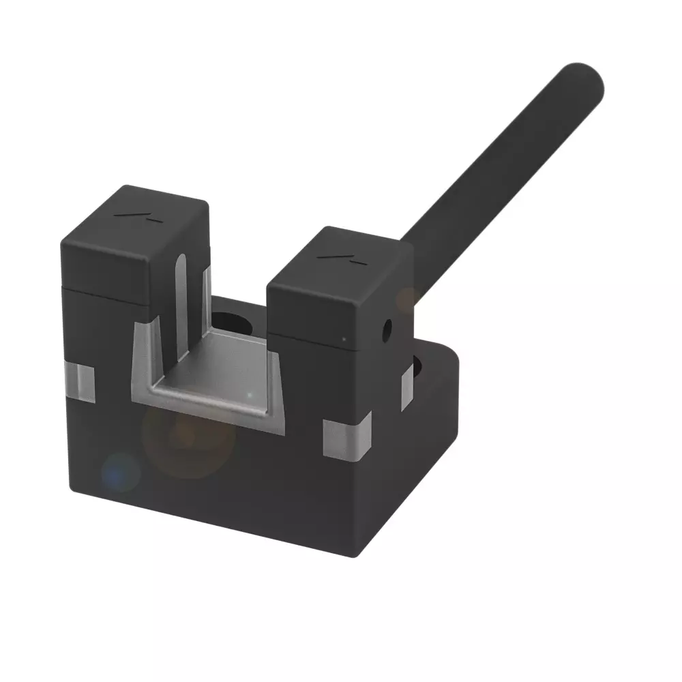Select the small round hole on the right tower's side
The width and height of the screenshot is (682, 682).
387,331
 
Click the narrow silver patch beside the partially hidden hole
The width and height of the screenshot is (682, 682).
406,387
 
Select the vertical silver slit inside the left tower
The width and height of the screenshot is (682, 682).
181,307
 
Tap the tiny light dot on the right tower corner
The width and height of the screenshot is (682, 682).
344,338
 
